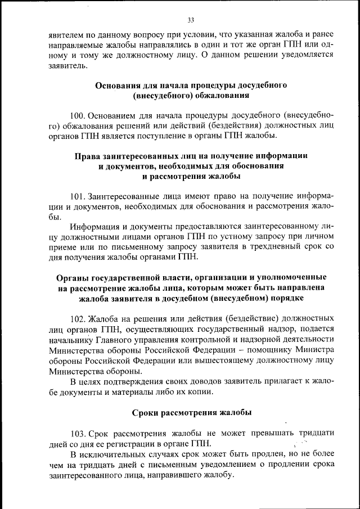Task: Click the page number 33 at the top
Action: [190, 21]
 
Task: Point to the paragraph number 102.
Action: [78, 318]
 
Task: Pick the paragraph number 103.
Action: [78, 433]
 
